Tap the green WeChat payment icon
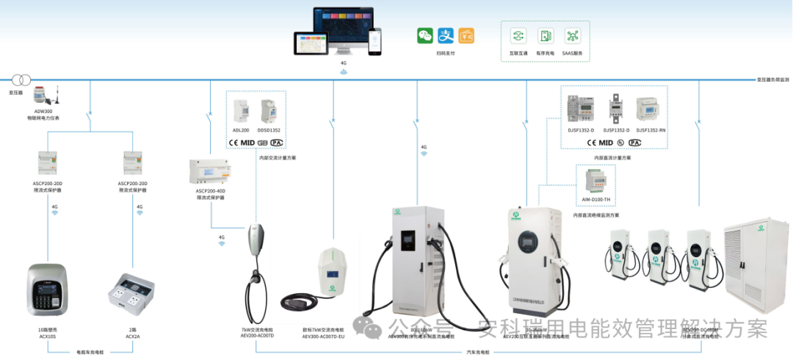[425, 35]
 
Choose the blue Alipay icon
[445, 35]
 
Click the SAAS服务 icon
[572, 35]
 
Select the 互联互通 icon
[519, 35]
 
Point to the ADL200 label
[241, 130]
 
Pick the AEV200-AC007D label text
[257, 336]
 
